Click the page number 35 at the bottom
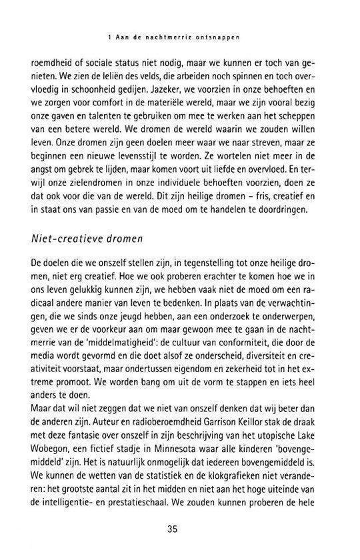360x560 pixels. pos(180,530)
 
